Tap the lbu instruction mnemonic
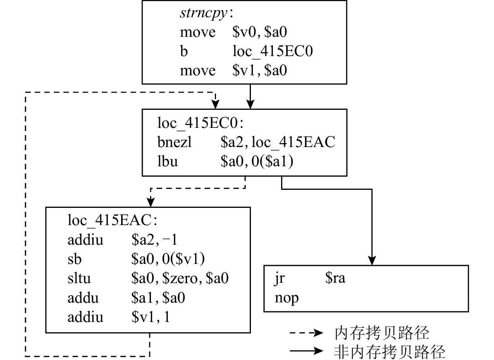[167, 161]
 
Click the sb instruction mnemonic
[74, 259]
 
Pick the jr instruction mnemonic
[280, 279]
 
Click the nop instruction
[287, 298]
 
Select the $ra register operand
[335, 279]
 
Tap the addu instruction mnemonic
[83, 298]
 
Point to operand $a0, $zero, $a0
[180, 278]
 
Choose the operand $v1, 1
[151, 317]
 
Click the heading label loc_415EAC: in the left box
[112, 221]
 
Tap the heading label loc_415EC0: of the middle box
[200, 123]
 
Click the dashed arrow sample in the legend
[306, 333]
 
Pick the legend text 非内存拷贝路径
[390, 351]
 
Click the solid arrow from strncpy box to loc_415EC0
[250, 96]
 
